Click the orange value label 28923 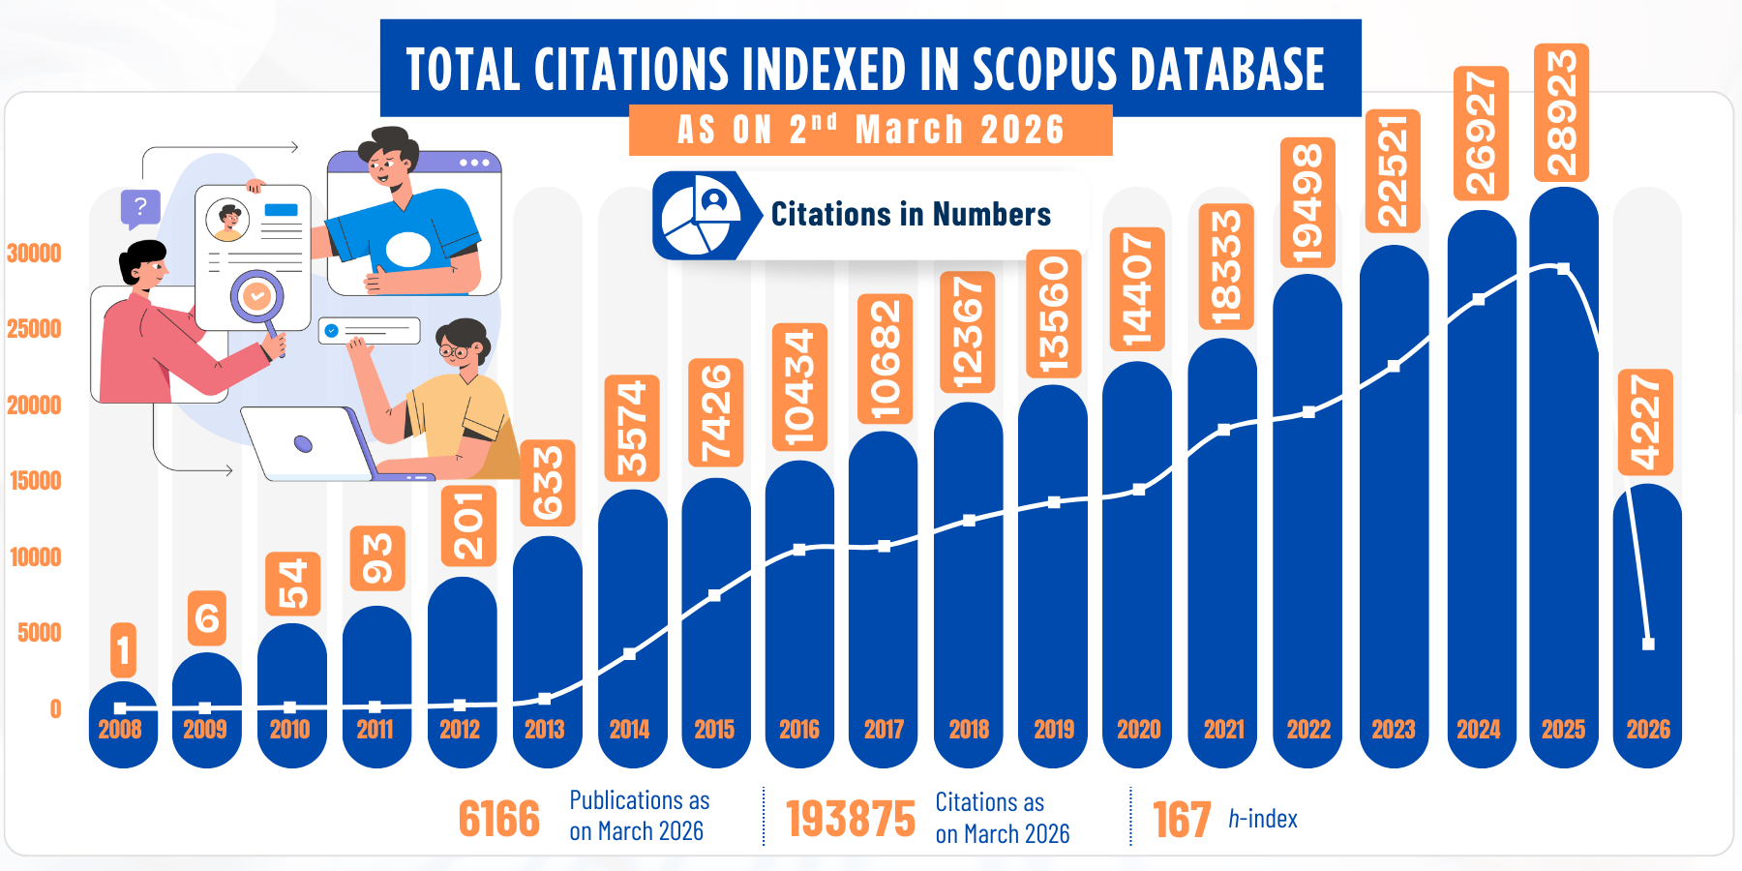pyautogui.click(x=1561, y=112)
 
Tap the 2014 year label pyautogui.click(x=629, y=730)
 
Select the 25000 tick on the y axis pyautogui.click(x=34, y=329)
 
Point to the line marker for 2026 pyautogui.click(x=1648, y=644)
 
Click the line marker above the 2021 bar pyautogui.click(x=1223, y=430)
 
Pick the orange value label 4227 pyautogui.click(x=1645, y=422)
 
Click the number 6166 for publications pyautogui.click(x=498, y=820)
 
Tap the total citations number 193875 pyautogui.click(x=851, y=820)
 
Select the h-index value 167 pyautogui.click(x=1182, y=820)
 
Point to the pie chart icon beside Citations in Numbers pyautogui.click(x=699, y=215)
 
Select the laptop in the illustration pyautogui.click(x=310, y=443)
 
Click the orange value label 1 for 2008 pyautogui.click(x=123, y=649)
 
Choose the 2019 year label pyautogui.click(x=1053, y=730)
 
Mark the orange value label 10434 pyautogui.click(x=799, y=387)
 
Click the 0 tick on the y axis pyautogui.click(x=55, y=709)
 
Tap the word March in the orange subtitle pyautogui.click(x=910, y=130)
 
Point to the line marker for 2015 pyautogui.click(x=714, y=595)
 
